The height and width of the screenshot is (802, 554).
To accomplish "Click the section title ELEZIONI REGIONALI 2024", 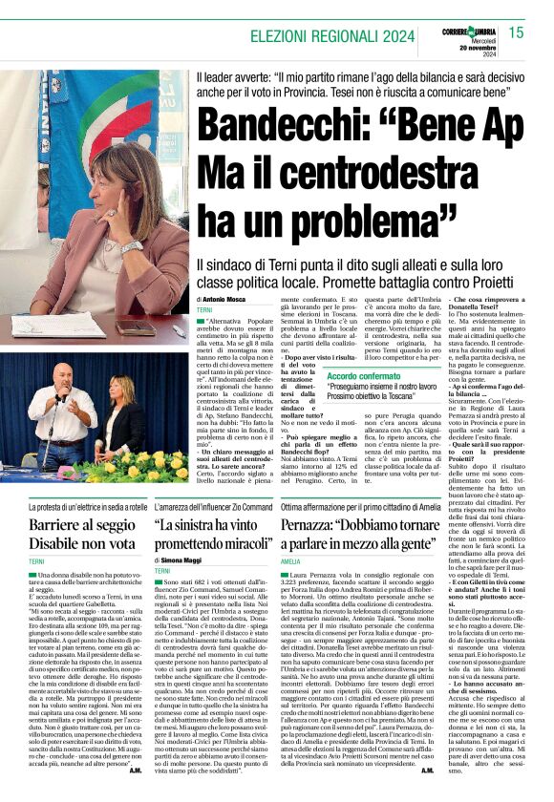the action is click(x=332, y=36).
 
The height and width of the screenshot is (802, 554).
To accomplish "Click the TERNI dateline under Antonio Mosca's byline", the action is click(x=206, y=311).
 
